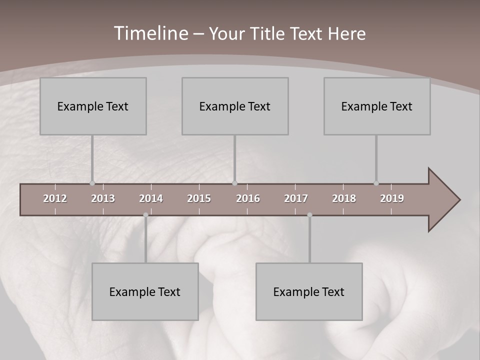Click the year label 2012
pos(55,198)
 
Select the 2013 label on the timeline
pos(103,198)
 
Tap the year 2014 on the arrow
pos(151,198)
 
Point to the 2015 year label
pos(199,198)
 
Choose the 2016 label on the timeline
pos(248,198)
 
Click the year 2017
pos(296,198)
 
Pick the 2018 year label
pos(344,198)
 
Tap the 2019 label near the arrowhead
pos(392,198)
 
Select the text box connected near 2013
pos(93,106)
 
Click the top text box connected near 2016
pos(235,106)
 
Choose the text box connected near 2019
pos(377,106)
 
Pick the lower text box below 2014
pos(145,291)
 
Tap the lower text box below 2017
pos(309,291)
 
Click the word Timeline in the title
pos(150,33)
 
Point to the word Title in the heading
pos(270,34)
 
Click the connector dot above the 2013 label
pos(92,183)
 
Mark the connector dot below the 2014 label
pos(145,215)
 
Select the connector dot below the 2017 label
pos(309,215)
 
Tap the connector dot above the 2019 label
pos(376,183)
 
